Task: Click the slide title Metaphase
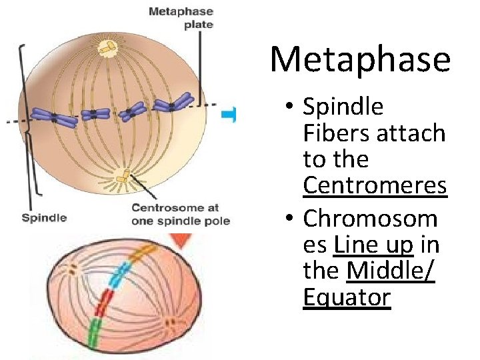tap(360, 59)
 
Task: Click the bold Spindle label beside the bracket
tap(44, 217)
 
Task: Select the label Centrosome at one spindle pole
tap(180, 214)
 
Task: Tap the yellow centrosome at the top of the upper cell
tap(107, 47)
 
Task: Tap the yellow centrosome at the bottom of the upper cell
tap(123, 177)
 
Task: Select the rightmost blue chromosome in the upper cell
tap(173, 104)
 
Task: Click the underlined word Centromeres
tap(374, 186)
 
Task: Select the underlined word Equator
tap(347, 297)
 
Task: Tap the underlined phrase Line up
tap(374, 245)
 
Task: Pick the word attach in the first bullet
tap(411, 133)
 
